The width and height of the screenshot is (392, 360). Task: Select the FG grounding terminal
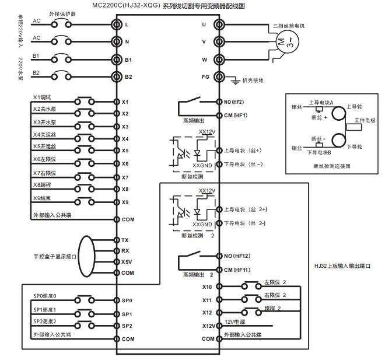[219, 76]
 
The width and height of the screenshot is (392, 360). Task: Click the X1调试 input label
[43, 96]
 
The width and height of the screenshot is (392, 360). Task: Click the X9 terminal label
[125, 202]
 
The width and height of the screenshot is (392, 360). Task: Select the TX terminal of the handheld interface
[125, 240]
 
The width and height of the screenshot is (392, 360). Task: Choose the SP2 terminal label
[127, 326]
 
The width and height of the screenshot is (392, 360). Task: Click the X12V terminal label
[208, 326]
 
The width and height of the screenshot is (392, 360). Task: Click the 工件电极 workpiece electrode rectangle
[354, 125]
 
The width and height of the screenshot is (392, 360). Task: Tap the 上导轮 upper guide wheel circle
[337, 109]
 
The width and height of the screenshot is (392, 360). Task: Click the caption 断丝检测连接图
[331, 166]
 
